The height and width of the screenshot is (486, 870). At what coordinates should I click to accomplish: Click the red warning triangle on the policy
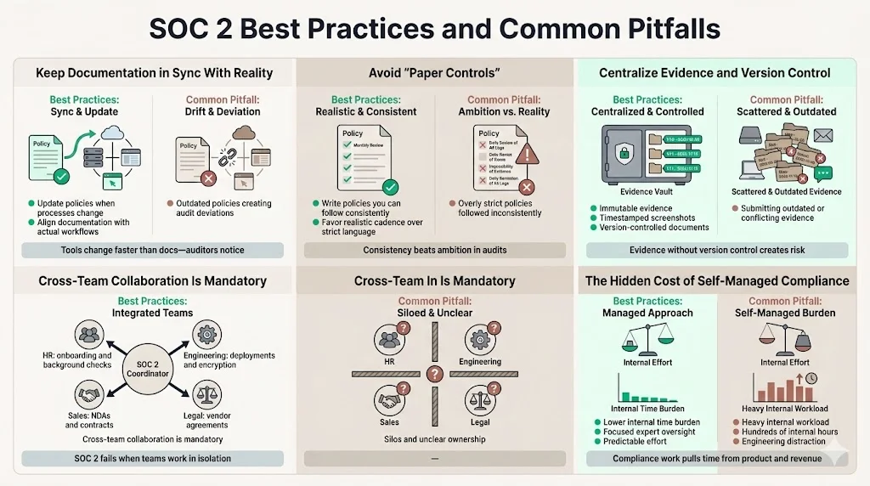coord(528,152)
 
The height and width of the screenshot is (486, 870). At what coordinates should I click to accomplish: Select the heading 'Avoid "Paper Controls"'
coord(433,72)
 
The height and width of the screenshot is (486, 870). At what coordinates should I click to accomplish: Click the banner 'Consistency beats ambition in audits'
coord(434,250)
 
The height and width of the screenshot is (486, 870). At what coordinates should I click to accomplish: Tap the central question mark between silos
coord(434,374)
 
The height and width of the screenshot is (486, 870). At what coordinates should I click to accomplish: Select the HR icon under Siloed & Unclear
coord(390,340)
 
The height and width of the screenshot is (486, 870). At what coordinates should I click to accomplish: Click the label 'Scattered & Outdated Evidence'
coord(786,192)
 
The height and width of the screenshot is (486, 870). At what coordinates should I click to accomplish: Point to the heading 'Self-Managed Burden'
coord(785,313)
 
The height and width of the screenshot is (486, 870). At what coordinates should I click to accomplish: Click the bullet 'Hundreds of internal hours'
coord(790,432)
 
